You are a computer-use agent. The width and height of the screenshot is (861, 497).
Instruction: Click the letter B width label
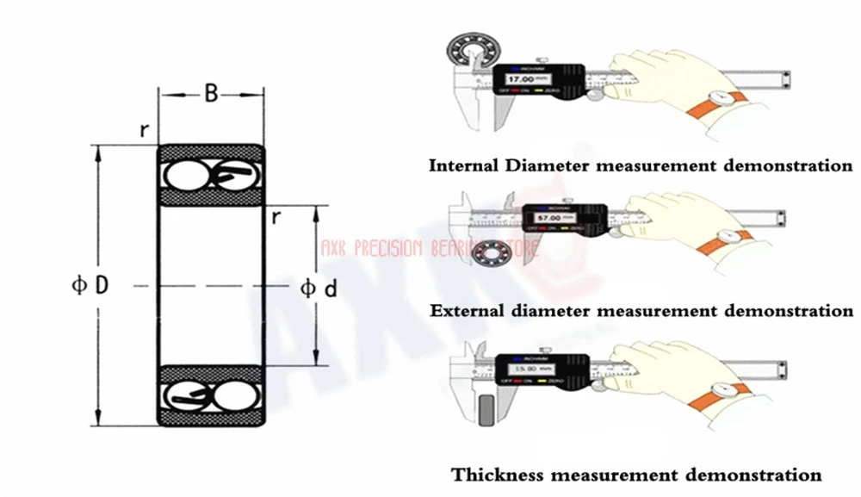click(210, 92)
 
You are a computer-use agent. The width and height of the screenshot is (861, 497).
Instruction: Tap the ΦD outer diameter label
click(90, 284)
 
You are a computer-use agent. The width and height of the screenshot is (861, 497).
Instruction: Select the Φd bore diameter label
click(318, 289)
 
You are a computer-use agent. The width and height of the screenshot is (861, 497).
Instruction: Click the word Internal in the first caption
click(461, 165)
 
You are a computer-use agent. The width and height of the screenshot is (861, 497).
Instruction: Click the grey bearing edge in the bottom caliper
click(489, 409)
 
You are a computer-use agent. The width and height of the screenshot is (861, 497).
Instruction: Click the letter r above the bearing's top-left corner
click(146, 131)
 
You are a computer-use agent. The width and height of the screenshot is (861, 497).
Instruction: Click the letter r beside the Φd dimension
click(276, 216)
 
